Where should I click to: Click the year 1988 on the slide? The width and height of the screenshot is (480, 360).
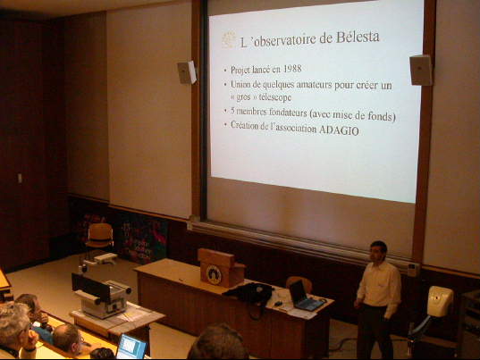tap(292, 69)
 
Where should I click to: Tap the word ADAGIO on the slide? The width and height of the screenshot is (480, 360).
tap(339, 130)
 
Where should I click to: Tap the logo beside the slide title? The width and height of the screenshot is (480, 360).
tap(229, 40)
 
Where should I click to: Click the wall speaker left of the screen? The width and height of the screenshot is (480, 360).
tap(187, 72)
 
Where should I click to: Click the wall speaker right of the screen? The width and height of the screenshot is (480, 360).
tap(421, 70)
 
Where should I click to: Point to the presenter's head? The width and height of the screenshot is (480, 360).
tap(378, 251)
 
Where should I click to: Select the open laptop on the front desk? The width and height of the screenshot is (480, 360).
tap(305, 296)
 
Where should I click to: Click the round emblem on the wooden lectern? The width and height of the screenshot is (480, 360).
tap(214, 274)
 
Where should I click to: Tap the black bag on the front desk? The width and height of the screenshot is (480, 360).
tap(249, 293)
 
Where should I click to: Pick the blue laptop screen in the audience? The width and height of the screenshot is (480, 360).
tap(131, 347)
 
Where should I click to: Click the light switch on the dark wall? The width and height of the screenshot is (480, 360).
tap(20, 178)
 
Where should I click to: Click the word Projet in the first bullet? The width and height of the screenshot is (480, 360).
tap(239, 70)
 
